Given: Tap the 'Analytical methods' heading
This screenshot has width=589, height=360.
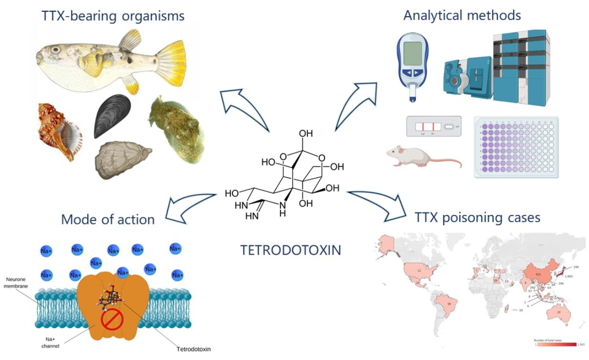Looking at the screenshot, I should [462, 15].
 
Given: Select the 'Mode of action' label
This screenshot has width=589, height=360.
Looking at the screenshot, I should [108, 219].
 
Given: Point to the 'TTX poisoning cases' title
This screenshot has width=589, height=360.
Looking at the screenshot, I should [477, 216].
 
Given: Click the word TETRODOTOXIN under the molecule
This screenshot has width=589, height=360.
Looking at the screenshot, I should [291, 250].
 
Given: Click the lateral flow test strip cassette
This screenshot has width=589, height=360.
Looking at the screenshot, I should [433, 127].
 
